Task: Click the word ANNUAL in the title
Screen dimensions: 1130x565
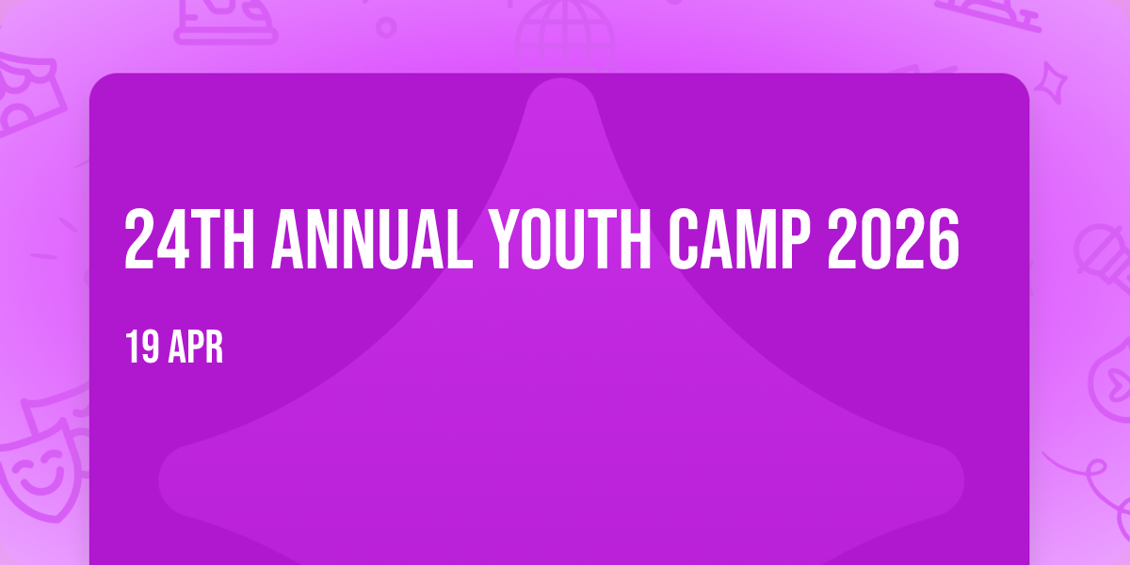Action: pos(372,239)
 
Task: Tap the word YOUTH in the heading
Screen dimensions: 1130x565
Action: pos(570,239)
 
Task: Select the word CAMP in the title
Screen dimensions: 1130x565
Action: pos(739,239)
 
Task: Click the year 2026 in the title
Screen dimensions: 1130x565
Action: pos(894,239)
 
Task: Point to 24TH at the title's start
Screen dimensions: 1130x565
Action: pos(189,239)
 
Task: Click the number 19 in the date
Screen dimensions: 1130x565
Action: pos(142,347)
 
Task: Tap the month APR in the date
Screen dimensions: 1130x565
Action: pos(196,347)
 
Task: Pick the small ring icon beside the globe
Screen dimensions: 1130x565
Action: pos(386,27)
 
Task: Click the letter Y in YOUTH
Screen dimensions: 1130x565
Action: pos(505,239)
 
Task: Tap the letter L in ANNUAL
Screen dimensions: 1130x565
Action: pos(460,239)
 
